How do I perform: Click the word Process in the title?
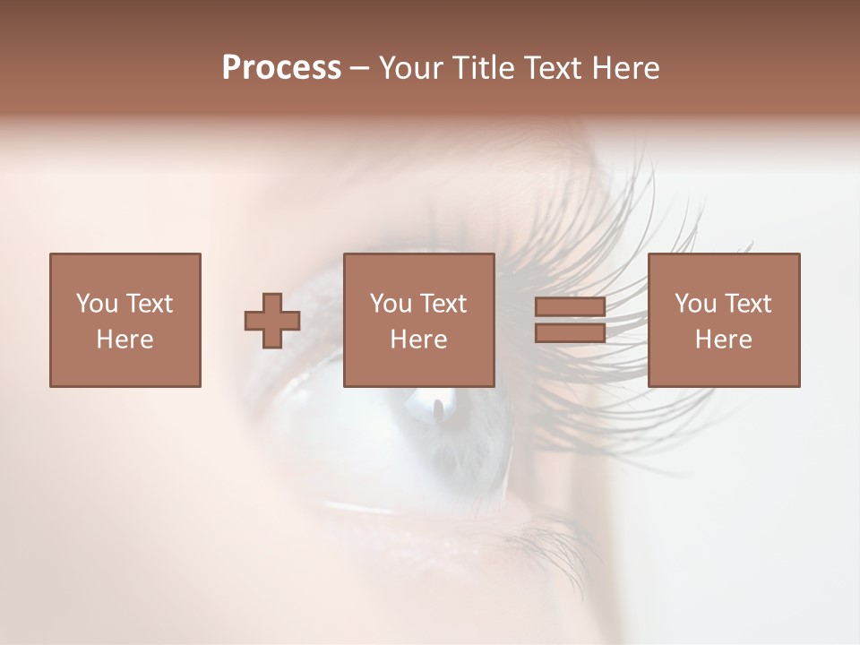coord(281,68)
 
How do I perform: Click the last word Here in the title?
coord(626,68)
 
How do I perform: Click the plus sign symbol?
coord(272,321)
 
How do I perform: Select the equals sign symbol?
coord(570,321)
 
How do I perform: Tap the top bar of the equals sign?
coord(570,308)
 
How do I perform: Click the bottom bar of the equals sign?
coord(570,333)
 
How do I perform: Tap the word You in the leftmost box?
coord(96,304)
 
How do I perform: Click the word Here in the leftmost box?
coord(125,340)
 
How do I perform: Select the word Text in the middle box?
coord(443,304)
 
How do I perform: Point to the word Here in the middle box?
coord(418,340)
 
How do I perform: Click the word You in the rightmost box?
coord(694,304)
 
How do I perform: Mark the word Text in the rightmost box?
coord(748,304)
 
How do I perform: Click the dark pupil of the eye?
coord(439,409)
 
